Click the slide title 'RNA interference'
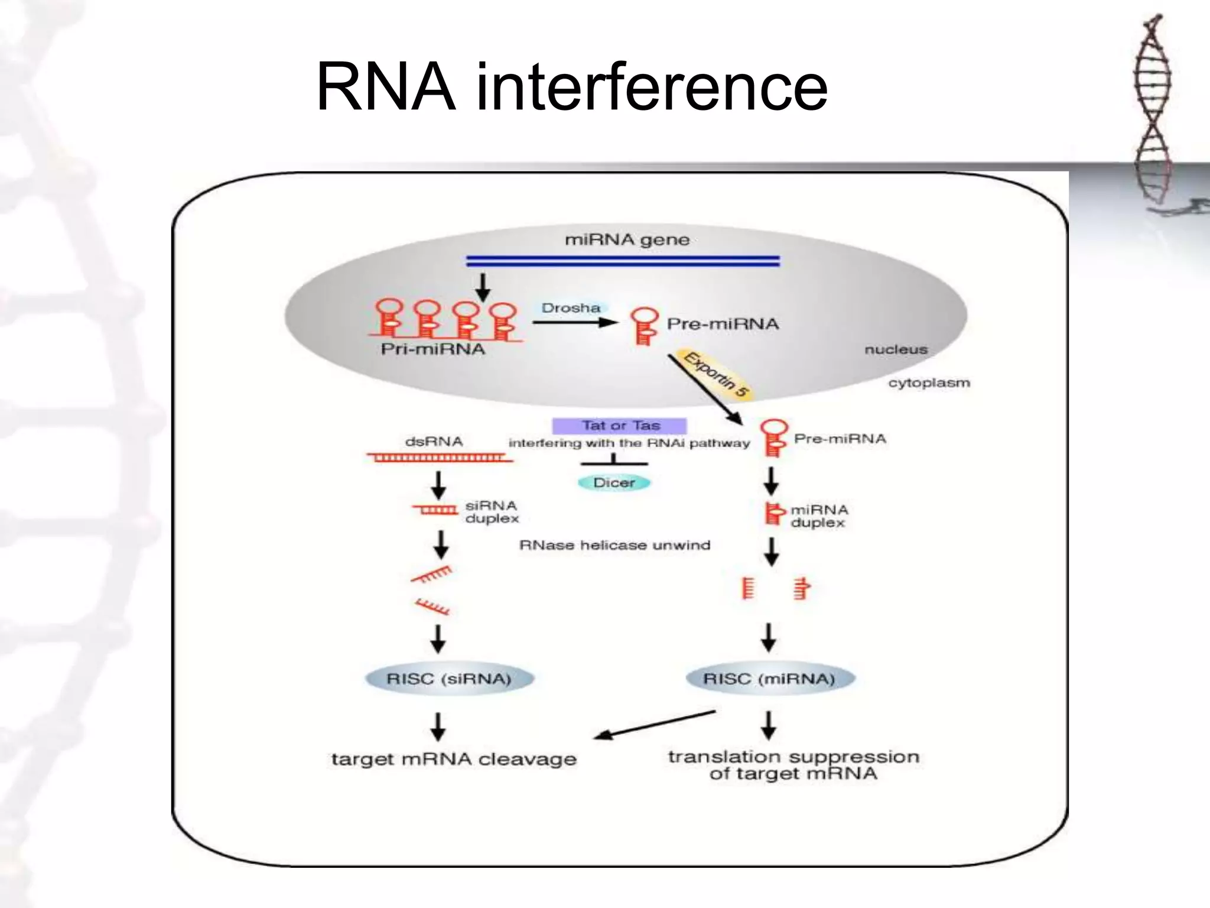pos(572,87)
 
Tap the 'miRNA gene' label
pos(627,239)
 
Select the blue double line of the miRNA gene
pos(623,261)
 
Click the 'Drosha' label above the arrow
pos(571,308)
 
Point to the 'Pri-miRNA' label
pos(432,349)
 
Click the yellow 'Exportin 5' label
pos(716,374)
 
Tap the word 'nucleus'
pos(896,349)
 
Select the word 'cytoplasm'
pos(929,382)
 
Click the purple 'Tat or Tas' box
pos(620,426)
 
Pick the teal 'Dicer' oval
pos(614,482)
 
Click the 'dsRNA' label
pos(434,442)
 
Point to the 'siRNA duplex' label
pos(491,512)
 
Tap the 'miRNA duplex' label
pos(819,516)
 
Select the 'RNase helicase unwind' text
pos(614,545)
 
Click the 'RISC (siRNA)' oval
pos(449,679)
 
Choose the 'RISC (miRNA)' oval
pos(769,679)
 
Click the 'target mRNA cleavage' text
pos(454,759)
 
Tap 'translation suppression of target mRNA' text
pos(793,765)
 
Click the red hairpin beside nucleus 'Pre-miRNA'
pos(644,325)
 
